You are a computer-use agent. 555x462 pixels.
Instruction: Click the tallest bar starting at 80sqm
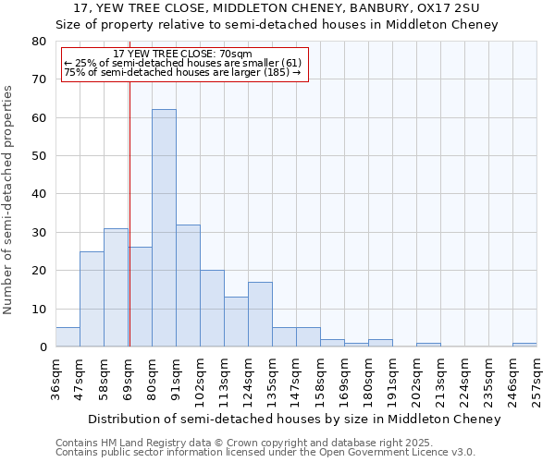[164, 228]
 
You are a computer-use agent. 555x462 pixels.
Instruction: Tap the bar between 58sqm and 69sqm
[116, 287]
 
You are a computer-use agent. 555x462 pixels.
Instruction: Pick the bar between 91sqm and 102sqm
[188, 286]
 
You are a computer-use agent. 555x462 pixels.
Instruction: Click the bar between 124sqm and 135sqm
[260, 314]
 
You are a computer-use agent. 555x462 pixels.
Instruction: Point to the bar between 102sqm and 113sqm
[212, 309]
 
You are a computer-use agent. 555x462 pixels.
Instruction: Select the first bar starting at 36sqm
[68, 337]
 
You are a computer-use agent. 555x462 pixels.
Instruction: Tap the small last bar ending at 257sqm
[524, 345]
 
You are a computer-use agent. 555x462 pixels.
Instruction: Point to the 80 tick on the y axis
[39, 42]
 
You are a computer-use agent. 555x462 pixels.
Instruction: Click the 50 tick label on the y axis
[39, 156]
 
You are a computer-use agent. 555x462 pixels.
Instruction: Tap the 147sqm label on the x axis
[297, 378]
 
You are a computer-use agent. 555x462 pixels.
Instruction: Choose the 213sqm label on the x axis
[441, 378]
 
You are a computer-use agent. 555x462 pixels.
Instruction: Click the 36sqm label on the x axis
[56, 378]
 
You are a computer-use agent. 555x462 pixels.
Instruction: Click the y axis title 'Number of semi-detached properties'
[9, 200]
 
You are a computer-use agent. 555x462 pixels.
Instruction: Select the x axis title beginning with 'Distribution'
[297, 419]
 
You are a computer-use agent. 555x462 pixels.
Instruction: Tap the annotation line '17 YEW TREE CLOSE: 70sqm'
[181, 54]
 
